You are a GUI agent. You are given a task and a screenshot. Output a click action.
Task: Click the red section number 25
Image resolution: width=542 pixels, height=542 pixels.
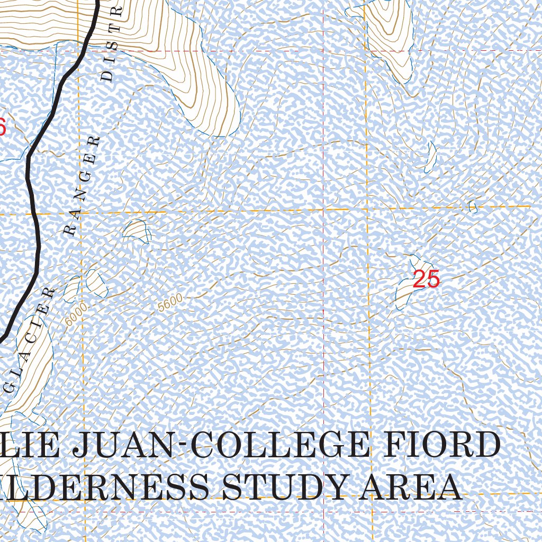tap(426, 279)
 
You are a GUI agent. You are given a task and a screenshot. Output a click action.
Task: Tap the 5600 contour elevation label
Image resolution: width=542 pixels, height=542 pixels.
tap(170, 302)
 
